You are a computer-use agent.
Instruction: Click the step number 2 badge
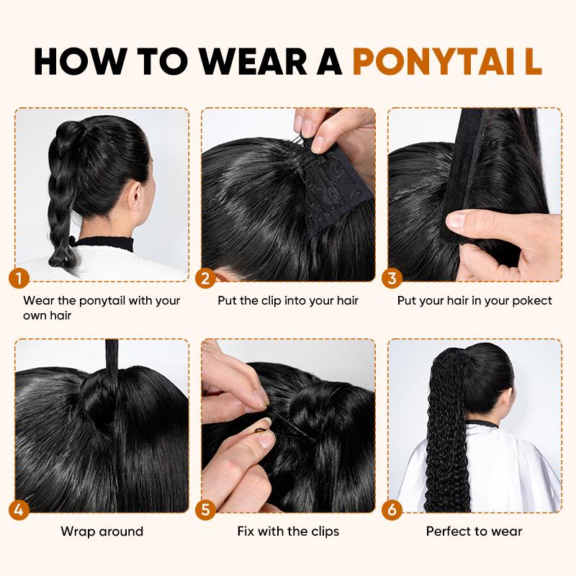point(206,278)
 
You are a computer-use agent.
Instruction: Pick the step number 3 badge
point(392,278)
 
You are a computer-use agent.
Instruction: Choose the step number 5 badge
point(206,510)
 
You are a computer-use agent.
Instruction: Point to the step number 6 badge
point(392,510)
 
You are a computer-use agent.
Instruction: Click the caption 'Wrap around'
point(102,531)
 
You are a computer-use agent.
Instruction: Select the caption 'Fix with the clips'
point(288,531)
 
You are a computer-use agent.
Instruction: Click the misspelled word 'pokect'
point(531,300)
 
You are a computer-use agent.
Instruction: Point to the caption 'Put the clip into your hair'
point(288,300)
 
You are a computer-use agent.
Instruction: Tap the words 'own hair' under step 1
point(48,315)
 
